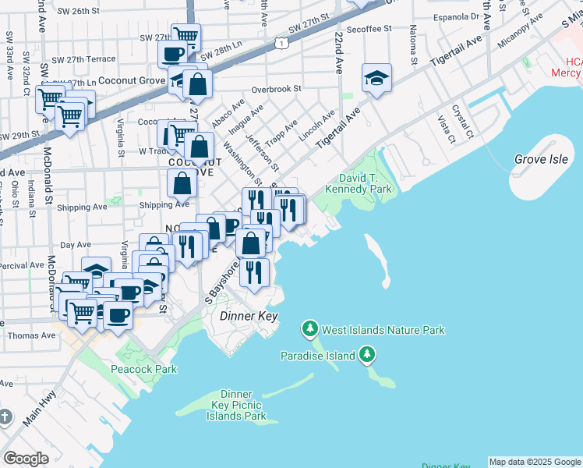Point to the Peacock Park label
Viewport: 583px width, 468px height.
pyautogui.click(x=143, y=369)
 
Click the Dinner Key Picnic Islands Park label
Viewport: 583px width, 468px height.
pyautogui.click(x=236, y=406)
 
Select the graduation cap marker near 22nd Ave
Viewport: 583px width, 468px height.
pyautogui.click(x=376, y=79)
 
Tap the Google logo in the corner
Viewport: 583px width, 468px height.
pyautogui.click(x=26, y=458)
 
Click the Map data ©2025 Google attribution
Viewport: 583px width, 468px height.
pyautogui.click(x=535, y=462)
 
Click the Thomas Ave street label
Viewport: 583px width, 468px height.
pyautogui.click(x=31, y=335)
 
